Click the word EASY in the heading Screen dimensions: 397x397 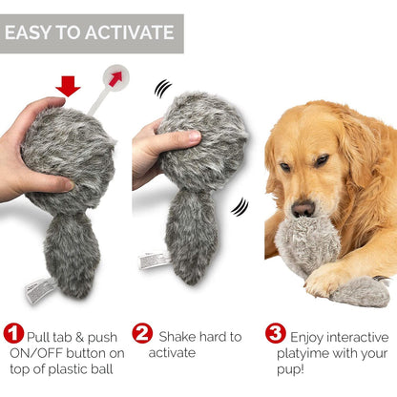pos(31,34)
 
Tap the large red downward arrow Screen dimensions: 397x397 pos(68,87)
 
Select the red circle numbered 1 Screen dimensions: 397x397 pos(14,334)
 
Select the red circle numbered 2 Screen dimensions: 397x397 pos(141,334)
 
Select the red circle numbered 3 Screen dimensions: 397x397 pos(275,334)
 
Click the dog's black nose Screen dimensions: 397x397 pos(303,208)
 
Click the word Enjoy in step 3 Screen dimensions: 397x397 pos(312,337)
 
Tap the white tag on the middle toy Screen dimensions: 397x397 pos(153,261)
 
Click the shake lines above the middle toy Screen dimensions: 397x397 pos(163,90)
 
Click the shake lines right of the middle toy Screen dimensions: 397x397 pos(240,206)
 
